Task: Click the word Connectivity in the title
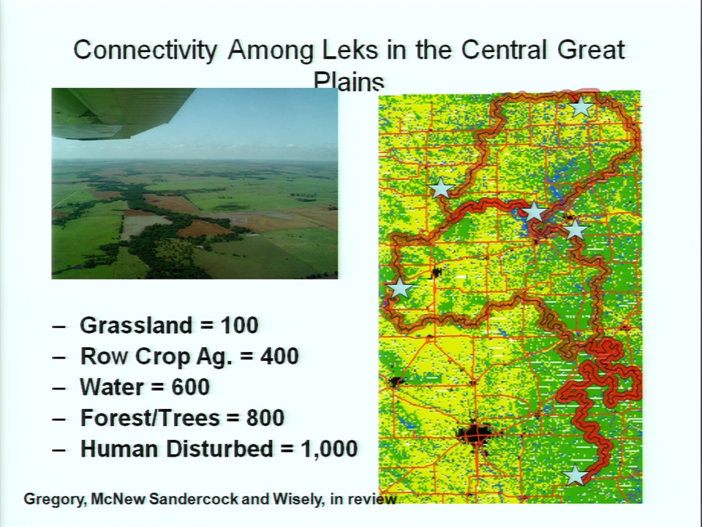145,51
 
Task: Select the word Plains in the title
349,81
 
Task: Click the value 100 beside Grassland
240,325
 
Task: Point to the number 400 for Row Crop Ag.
279,356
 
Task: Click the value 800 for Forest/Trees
265,418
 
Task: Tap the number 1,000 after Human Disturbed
329,449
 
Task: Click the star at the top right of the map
581,107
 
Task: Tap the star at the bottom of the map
575,475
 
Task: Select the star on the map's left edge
399,288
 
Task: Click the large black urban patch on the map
476,433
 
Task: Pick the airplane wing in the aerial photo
123,112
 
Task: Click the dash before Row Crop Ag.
58,357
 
